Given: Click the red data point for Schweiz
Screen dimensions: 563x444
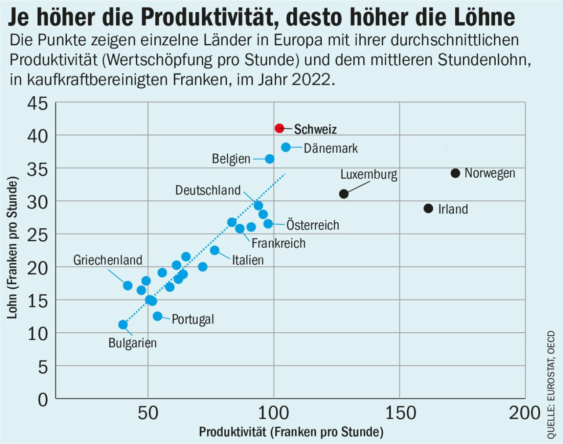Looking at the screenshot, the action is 279,128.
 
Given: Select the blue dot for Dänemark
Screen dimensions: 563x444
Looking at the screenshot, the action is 286,147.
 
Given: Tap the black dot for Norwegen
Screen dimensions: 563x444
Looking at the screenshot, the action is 456,173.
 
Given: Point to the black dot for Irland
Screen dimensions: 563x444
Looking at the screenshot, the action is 428,209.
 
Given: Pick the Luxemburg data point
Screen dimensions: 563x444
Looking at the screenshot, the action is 344,194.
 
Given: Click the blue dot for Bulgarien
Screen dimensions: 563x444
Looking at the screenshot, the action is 123,325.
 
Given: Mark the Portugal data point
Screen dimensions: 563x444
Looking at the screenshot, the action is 157,316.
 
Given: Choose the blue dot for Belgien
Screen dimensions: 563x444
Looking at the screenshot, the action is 270,159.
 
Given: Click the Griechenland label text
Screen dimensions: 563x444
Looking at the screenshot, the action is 108,260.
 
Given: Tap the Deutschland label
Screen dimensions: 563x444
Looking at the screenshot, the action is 208,191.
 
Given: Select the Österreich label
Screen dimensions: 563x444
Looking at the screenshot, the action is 313,225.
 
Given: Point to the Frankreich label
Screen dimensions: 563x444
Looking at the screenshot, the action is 278,243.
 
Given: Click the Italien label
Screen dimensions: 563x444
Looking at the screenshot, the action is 248,260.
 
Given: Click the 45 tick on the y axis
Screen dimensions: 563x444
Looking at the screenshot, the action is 38,104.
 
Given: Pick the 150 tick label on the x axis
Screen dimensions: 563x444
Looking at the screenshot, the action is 401,413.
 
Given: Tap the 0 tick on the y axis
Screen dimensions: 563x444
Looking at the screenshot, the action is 43,400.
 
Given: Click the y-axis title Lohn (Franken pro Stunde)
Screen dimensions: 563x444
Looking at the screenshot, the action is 12,248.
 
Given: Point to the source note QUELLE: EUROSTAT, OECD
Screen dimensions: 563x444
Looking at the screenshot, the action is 551,385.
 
